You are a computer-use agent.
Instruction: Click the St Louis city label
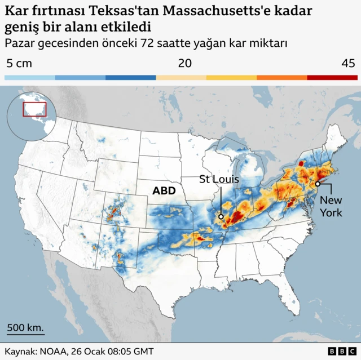pyautogui.click(x=219, y=180)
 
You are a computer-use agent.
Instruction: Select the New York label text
pyautogui.click(x=331, y=206)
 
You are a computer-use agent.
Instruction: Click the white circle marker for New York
pyautogui.click(x=318, y=184)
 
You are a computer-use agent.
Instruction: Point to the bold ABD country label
pyautogui.click(x=164, y=191)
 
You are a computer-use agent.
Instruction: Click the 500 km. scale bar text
pyautogui.click(x=25, y=327)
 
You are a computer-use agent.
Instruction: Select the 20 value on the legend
pyautogui.click(x=184, y=63)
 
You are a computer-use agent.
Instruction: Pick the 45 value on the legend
pyautogui.click(x=348, y=63)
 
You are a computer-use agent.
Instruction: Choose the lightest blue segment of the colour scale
pyautogui.click(x=29, y=77)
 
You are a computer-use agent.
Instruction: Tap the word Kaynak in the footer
pyautogui.click(x=20, y=351)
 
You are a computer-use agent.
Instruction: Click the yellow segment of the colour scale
pyautogui.click(x=231, y=77)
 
